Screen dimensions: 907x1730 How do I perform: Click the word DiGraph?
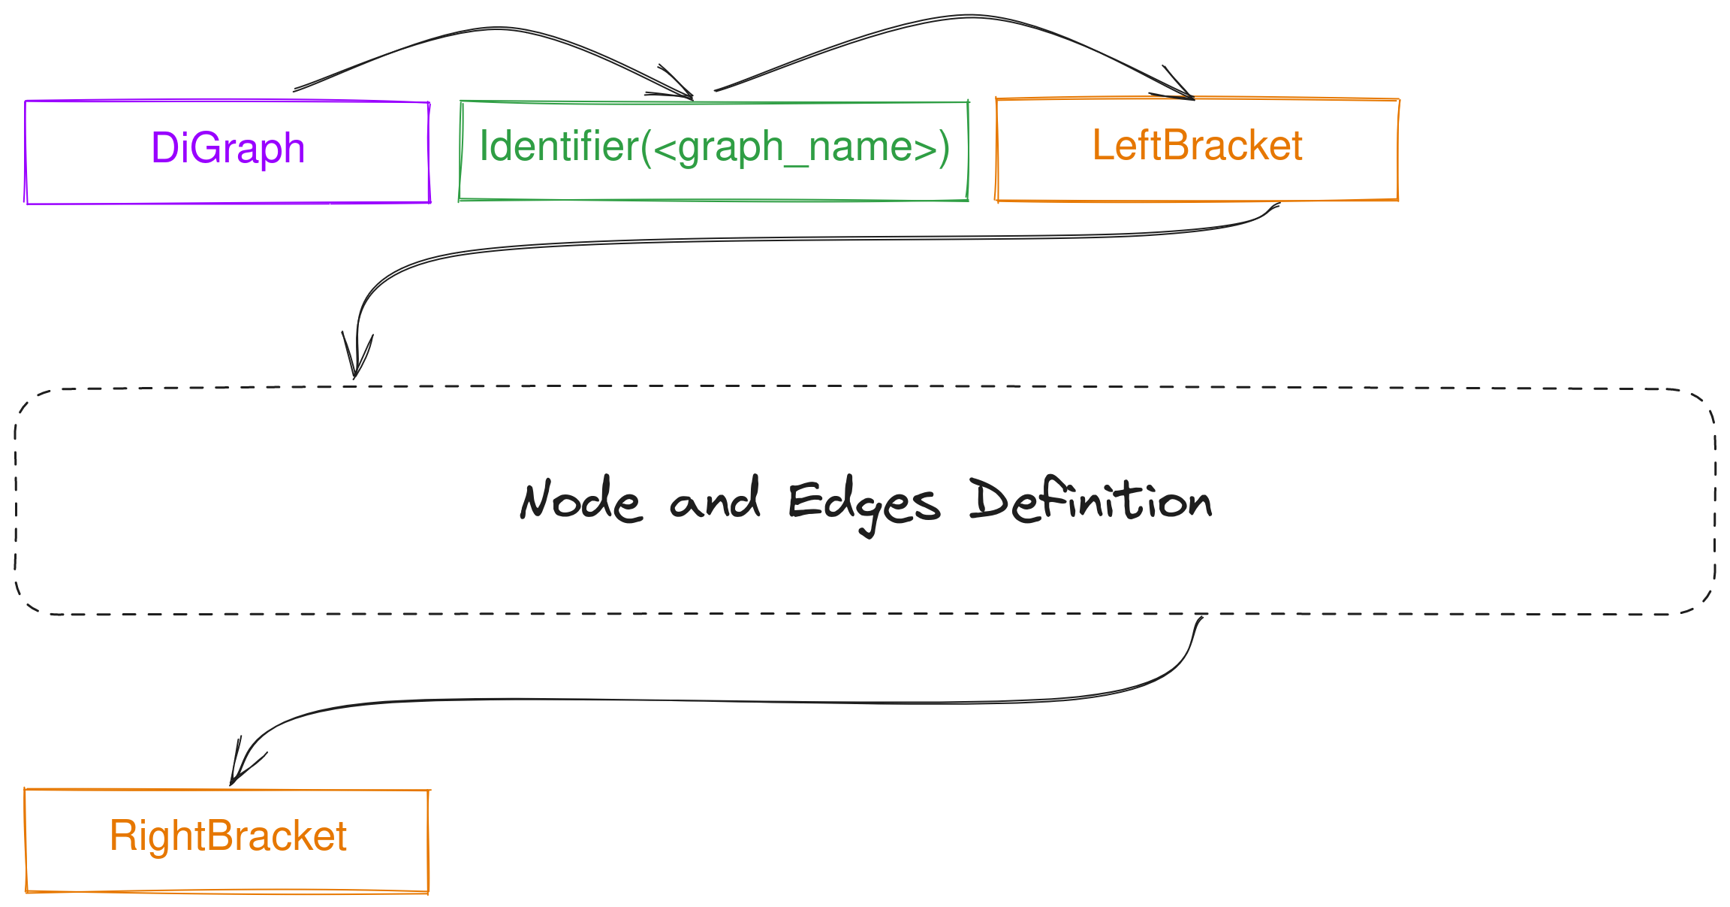[228, 147]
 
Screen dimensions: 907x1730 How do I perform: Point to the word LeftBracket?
[1197, 145]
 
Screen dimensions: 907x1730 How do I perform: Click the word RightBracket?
[228, 836]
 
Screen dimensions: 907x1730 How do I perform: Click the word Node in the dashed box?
[580, 500]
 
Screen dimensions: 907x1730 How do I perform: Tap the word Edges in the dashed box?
[863, 503]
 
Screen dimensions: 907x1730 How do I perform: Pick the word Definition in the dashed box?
[1090, 500]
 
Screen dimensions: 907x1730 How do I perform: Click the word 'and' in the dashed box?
[714, 500]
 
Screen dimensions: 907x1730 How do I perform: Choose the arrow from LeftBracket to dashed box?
[751, 239]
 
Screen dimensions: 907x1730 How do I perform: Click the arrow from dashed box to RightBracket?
[751, 701]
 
